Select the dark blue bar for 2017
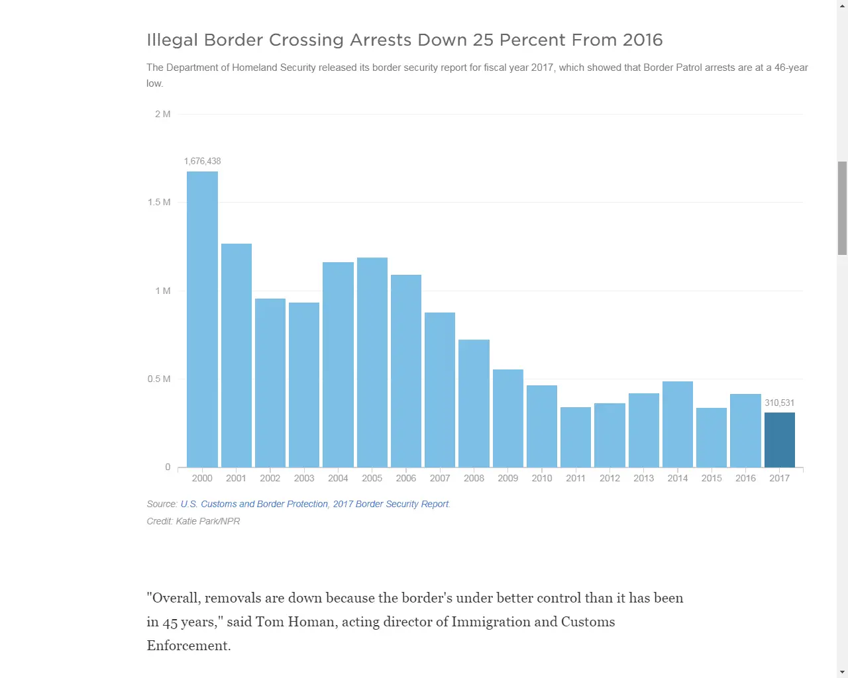click(779, 440)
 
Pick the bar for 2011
click(575, 437)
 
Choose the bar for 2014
click(677, 424)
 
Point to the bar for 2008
click(474, 403)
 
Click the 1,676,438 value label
click(202, 161)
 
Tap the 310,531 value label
click(779, 403)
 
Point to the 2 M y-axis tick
click(162, 114)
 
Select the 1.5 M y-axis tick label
click(159, 202)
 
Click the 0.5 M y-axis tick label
click(159, 379)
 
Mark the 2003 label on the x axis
click(304, 478)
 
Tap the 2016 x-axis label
click(745, 478)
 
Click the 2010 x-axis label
click(541, 478)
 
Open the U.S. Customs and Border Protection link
click(254, 504)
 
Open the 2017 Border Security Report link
click(391, 504)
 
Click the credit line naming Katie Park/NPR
click(193, 521)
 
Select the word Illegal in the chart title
click(172, 40)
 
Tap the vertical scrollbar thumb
click(842, 208)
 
